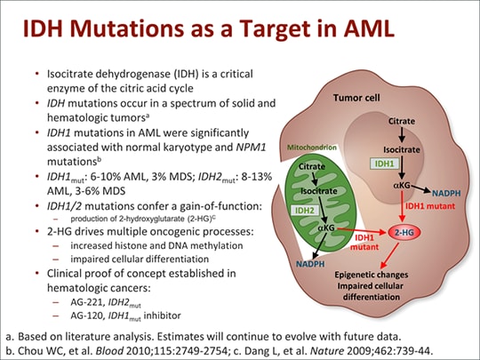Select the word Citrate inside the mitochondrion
coord(312,166)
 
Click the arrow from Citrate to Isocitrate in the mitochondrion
coord(311,178)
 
